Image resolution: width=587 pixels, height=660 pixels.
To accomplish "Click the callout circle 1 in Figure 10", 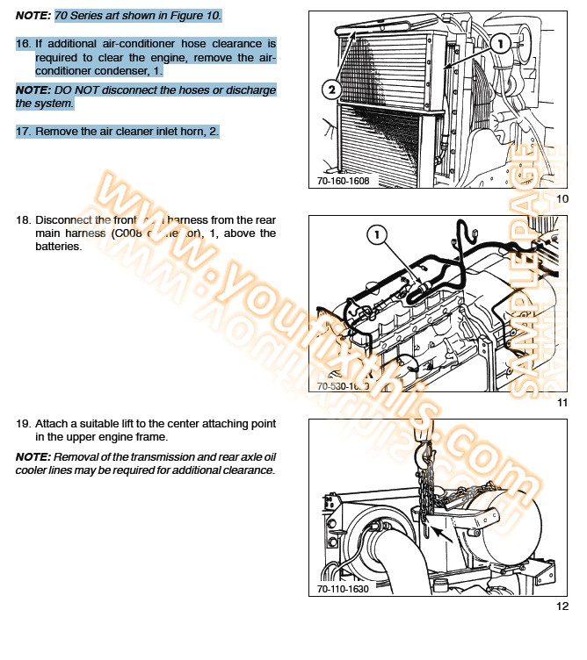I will click(498, 41).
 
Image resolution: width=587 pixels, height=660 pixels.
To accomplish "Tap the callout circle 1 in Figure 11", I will click(375, 234).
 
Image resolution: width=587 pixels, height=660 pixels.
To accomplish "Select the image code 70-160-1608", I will click(344, 182).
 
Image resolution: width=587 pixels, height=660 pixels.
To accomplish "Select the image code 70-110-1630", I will click(344, 588).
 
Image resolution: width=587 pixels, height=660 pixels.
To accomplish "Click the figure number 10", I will click(562, 199).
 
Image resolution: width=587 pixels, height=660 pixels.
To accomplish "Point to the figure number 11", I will click(562, 403).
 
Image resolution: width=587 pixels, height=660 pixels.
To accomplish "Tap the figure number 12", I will click(562, 606).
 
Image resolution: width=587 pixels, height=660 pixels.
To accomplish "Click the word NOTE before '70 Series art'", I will click(33, 16).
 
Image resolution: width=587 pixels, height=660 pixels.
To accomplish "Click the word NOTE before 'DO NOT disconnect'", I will click(33, 90).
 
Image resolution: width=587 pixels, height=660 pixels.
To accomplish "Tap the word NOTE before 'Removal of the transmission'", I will click(33, 457).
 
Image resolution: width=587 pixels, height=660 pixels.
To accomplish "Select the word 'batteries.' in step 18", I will click(59, 247).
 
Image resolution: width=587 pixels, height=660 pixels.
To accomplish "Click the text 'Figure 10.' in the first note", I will click(194, 16).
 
